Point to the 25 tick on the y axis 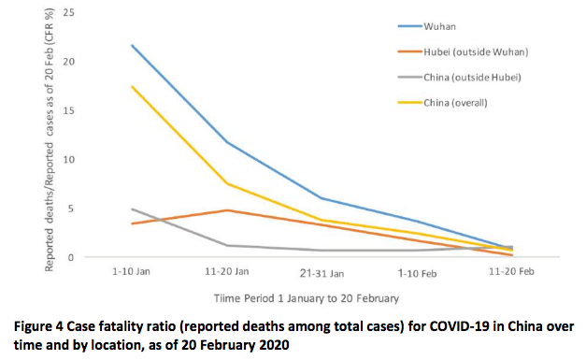(x=67, y=12)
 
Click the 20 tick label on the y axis (x=67, y=61)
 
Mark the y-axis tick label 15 (x=67, y=110)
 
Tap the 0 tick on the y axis (x=70, y=257)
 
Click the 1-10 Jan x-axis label (x=132, y=271)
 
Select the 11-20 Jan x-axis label (x=227, y=271)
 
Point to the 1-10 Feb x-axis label (x=416, y=271)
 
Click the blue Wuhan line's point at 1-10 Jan (x=132, y=45)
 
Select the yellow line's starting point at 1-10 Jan (x=132, y=86)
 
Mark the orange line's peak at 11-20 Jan (x=227, y=210)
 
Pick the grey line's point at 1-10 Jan (x=132, y=209)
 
